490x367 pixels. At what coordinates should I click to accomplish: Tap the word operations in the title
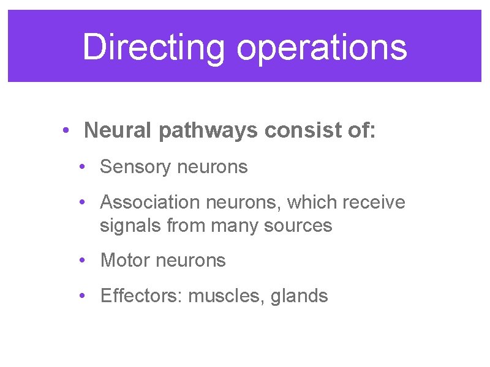[x=322, y=47]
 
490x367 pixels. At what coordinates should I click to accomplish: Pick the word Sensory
[x=133, y=166]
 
